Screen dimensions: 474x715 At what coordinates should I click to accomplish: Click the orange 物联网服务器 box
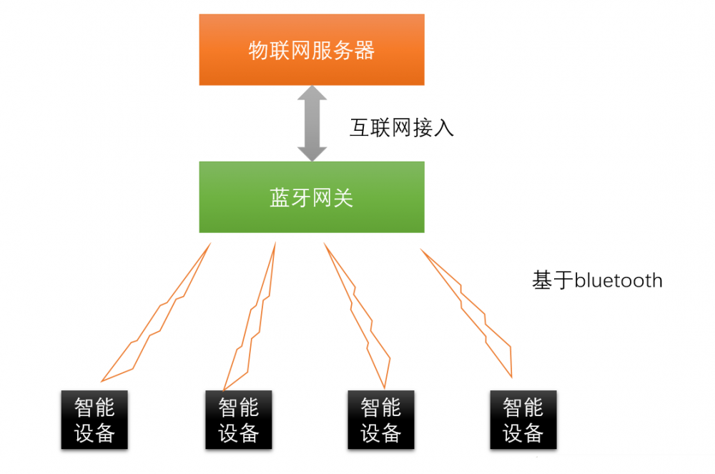point(311,49)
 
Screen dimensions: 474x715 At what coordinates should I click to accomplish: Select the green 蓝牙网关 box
point(311,197)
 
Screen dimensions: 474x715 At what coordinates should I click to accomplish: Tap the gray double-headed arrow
point(312,123)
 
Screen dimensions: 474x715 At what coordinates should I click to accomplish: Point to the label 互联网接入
point(401,128)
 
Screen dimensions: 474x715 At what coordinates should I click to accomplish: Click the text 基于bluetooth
point(597,280)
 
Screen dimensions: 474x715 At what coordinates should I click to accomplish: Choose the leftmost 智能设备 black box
point(94,420)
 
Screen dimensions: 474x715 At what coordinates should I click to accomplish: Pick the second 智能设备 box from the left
point(238,420)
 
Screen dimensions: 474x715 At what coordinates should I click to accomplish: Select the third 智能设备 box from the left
point(380,420)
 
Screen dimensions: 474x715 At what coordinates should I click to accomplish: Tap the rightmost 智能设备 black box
point(523,420)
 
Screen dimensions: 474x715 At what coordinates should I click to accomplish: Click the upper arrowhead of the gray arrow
point(312,95)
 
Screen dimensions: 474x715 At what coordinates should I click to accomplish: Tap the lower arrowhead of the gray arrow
point(312,152)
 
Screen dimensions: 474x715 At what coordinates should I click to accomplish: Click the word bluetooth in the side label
point(618,280)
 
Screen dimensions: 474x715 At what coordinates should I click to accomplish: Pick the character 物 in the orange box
point(258,51)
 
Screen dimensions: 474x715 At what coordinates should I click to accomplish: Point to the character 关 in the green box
point(343,198)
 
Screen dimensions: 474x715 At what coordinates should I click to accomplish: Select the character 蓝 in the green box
point(280,198)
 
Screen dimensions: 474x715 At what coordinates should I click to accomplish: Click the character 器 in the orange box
point(364,51)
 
